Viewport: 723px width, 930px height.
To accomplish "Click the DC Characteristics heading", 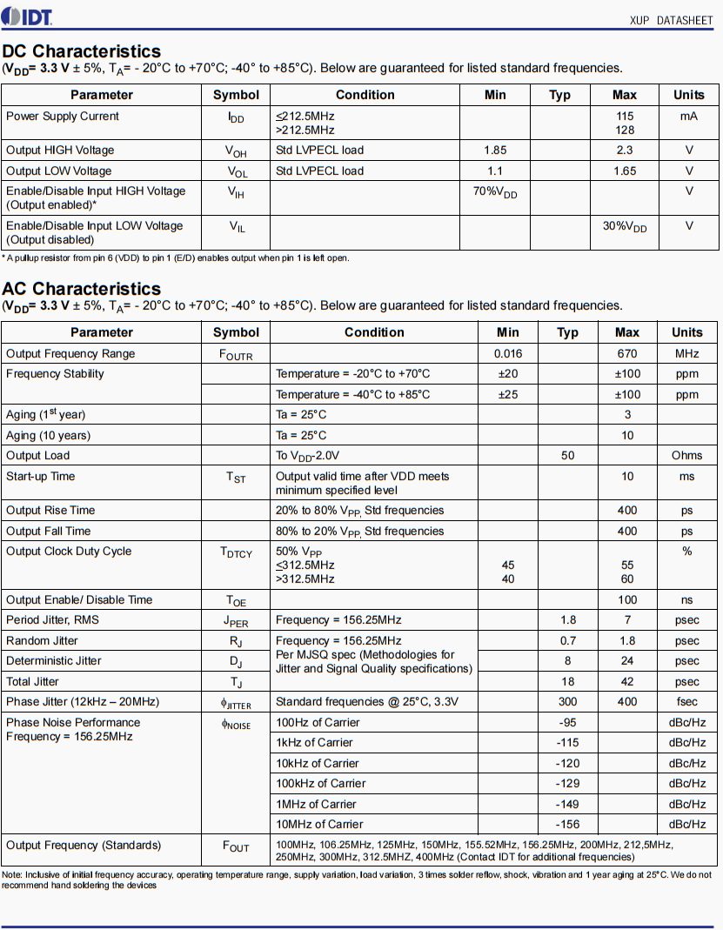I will pos(82,51).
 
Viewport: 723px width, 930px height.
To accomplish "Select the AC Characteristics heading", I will pos(82,289).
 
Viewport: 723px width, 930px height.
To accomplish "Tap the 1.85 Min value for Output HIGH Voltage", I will pos(495,150).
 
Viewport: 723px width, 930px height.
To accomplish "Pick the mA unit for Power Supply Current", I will pos(689,117).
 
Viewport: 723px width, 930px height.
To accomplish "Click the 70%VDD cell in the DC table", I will pos(495,192).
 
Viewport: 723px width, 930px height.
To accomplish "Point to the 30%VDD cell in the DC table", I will pos(625,227).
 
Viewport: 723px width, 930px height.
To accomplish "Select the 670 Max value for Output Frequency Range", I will pos(626,354).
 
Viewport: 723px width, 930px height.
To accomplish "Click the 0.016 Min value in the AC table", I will pos(507,354).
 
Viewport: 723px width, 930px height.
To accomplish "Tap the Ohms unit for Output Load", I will pos(686,456).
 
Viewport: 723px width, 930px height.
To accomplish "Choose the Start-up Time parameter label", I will pos(41,477).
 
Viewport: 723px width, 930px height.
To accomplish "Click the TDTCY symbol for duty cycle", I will pos(236,552).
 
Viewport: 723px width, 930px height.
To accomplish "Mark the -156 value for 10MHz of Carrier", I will pos(567,825).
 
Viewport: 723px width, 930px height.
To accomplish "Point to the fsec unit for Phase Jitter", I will pos(686,702).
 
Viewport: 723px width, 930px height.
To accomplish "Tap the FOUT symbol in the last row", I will pos(236,846).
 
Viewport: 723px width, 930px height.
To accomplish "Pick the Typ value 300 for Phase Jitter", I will pos(567,702).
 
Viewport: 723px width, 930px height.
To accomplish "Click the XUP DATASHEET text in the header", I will pos(671,20).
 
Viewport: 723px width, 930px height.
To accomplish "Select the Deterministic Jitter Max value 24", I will pos(626,661).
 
